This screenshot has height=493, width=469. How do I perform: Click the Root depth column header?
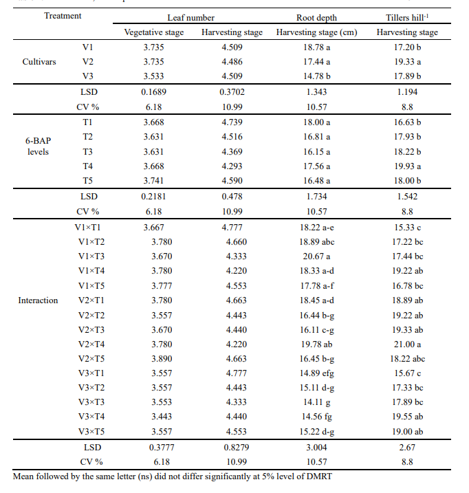tap(316, 17)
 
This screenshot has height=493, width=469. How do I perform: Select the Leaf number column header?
tap(193, 17)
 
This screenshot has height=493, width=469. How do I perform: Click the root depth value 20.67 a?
tap(316, 256)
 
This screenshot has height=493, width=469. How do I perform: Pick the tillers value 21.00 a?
tap(408, 344)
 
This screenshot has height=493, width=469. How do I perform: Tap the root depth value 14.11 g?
tap(316, 402)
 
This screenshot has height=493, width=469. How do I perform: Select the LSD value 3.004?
tap(316, 448)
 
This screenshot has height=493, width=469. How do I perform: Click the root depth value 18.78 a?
tap(316, 47)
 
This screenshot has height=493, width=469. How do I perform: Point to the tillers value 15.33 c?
tap(408, 227)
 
